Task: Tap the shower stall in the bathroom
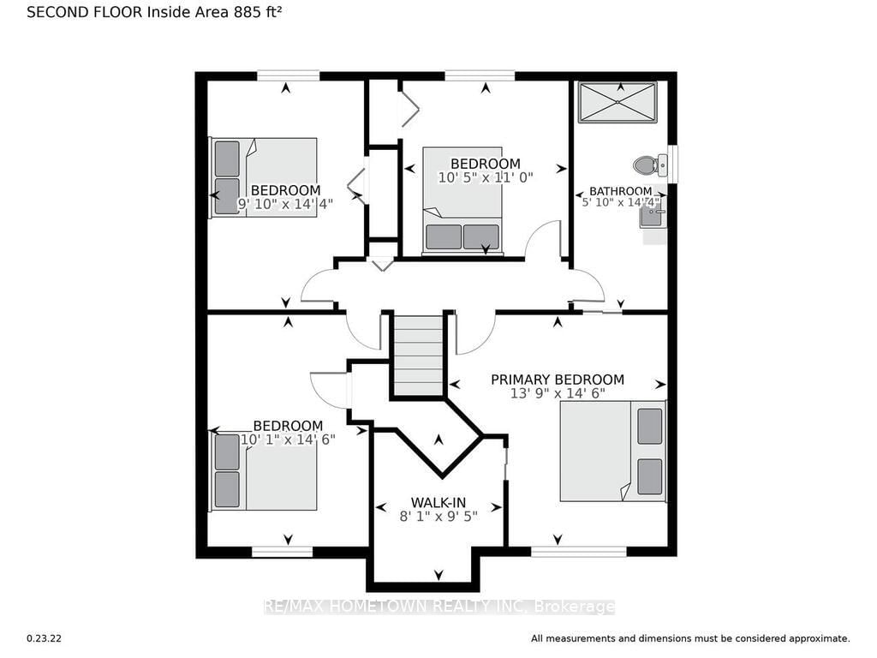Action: coord(617,102)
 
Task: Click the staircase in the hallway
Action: coord(418,354)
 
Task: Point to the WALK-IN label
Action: coord(438,501)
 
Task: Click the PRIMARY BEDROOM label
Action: coord(557,380)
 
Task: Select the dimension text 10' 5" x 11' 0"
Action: coord(485,178)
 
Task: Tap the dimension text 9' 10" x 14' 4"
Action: coord(285,204)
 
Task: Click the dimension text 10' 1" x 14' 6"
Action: coord(288,439)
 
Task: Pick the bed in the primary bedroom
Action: coord(612,451)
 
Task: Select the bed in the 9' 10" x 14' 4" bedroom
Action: coord(264,176)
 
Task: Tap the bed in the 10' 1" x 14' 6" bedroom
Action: coord(264,471)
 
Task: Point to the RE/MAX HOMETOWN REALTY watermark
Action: coord(438,607)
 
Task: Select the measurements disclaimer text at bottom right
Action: coord(690,638)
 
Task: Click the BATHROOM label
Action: coord(620,191)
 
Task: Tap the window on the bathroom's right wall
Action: coord(673,164)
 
